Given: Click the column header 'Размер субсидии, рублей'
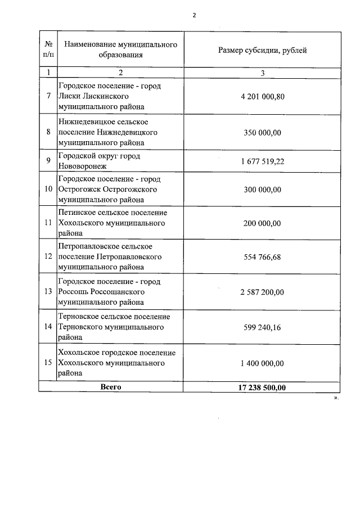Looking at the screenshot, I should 262,51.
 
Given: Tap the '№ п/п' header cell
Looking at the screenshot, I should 48,49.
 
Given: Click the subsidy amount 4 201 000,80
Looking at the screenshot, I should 262,96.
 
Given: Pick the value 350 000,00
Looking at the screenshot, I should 262,132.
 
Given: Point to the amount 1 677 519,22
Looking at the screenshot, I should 262,161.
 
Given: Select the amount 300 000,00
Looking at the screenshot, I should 262,190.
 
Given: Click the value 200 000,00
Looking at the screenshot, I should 262,223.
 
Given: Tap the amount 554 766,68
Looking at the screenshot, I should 262,257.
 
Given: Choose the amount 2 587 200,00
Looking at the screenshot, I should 262,292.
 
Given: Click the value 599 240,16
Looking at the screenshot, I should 262,327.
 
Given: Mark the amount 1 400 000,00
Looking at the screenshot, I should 262,363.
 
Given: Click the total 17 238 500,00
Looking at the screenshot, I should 262,388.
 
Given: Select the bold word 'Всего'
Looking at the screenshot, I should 111,387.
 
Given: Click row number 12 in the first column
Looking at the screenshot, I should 48,257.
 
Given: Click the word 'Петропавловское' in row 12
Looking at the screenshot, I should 87,246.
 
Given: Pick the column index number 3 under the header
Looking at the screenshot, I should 262,73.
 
